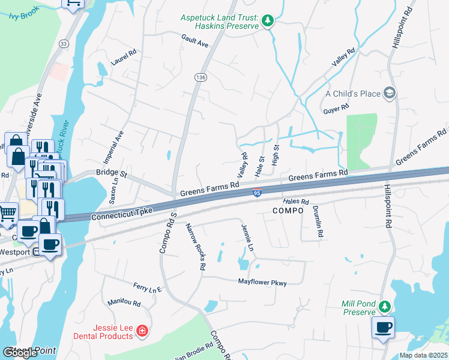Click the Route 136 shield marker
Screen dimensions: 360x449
[200, 77]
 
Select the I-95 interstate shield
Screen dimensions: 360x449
[257, 192]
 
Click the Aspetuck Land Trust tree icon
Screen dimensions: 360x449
[268, 22]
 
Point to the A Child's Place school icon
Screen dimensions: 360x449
[390, 93]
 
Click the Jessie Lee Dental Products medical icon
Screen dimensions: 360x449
[142, 331]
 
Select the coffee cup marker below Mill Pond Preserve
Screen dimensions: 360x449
[383, 328]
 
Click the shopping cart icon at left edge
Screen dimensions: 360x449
[7, 212]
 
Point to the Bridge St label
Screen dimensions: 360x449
[112, 175]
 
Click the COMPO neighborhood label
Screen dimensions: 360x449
[289, 211]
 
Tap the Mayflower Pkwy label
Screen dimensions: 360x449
[262, 282]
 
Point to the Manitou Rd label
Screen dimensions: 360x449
[124, 304]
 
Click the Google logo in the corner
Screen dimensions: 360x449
[20, 353]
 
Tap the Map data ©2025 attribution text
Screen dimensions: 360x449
[423, 355]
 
